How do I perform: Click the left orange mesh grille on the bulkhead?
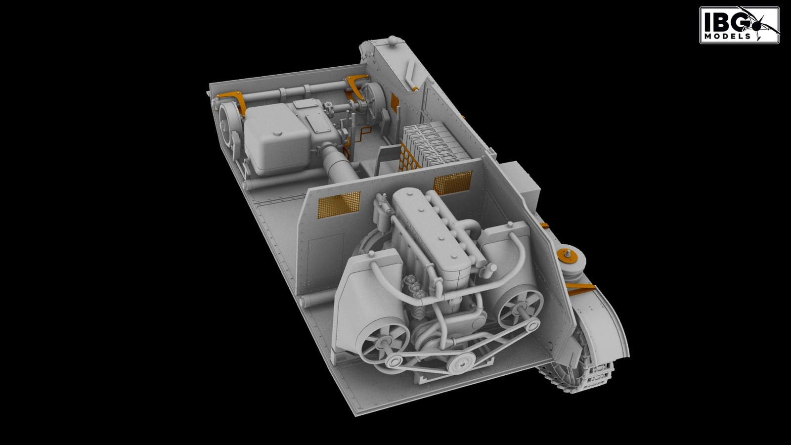339,204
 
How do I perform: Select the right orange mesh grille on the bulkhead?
453,182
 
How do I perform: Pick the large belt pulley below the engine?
461,362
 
